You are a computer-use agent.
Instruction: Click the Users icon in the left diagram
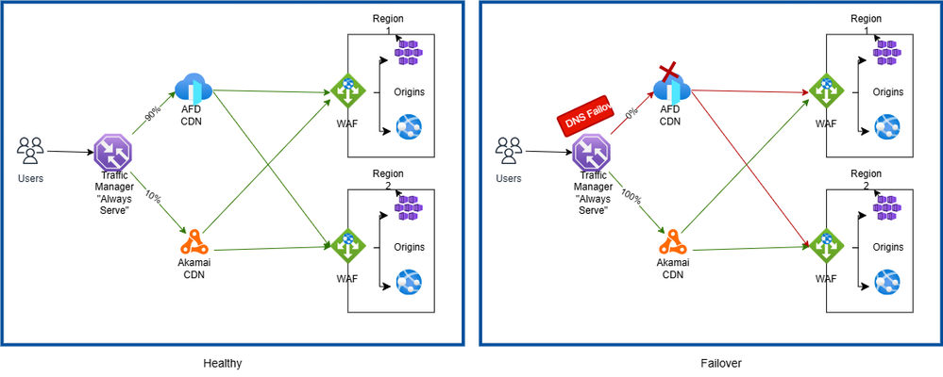[x=32, y=150]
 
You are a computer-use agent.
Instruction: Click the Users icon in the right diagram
[x=509, y=150]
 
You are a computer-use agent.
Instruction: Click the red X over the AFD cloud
[x=670, y=73]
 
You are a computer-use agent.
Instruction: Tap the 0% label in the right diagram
[x=631, y=114]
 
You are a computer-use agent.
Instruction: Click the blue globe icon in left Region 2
[x=410, y=282]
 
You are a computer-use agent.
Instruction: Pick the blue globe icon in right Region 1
[x=888, y=127]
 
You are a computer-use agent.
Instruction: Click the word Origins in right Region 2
[x=886, y=247]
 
